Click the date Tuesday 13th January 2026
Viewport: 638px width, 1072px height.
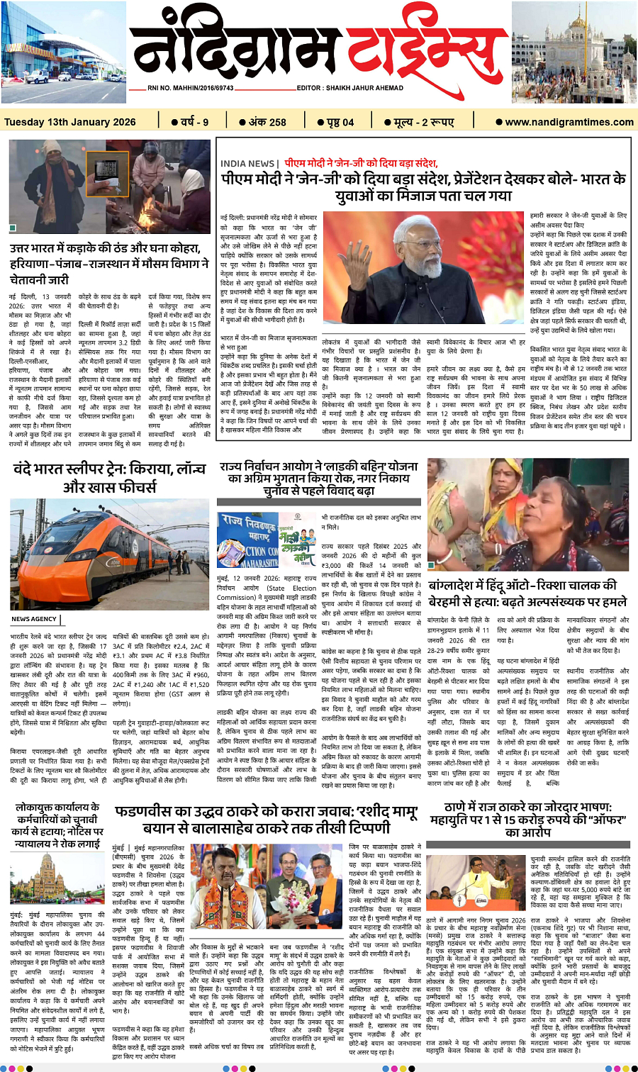pos(69,122)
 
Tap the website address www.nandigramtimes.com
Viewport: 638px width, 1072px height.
pos(569,122)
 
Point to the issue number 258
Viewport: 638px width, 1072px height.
pos(267,122)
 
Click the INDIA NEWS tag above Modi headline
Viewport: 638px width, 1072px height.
pos(248,164)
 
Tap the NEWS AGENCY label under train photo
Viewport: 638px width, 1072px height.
pos(34,619)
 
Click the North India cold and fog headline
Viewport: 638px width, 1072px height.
pos(109,263)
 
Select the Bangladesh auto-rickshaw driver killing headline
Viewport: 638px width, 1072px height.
pos(527,593)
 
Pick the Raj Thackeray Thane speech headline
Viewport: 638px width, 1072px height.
pos(528,819)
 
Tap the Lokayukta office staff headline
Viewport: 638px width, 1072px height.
pos(59,825)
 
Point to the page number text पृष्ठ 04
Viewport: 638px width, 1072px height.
pos(340,122)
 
